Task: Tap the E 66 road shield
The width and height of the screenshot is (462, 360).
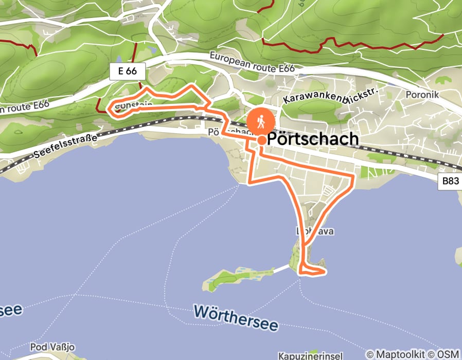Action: [x=127, y=71]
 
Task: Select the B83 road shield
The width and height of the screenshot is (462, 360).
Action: [x=450, y=182]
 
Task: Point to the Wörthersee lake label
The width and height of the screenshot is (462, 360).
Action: [x=236, y=317]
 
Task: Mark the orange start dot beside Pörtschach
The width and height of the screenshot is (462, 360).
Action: [x=261, y=140]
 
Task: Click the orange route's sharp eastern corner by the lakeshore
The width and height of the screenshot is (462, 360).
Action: [x=353, y=177]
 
